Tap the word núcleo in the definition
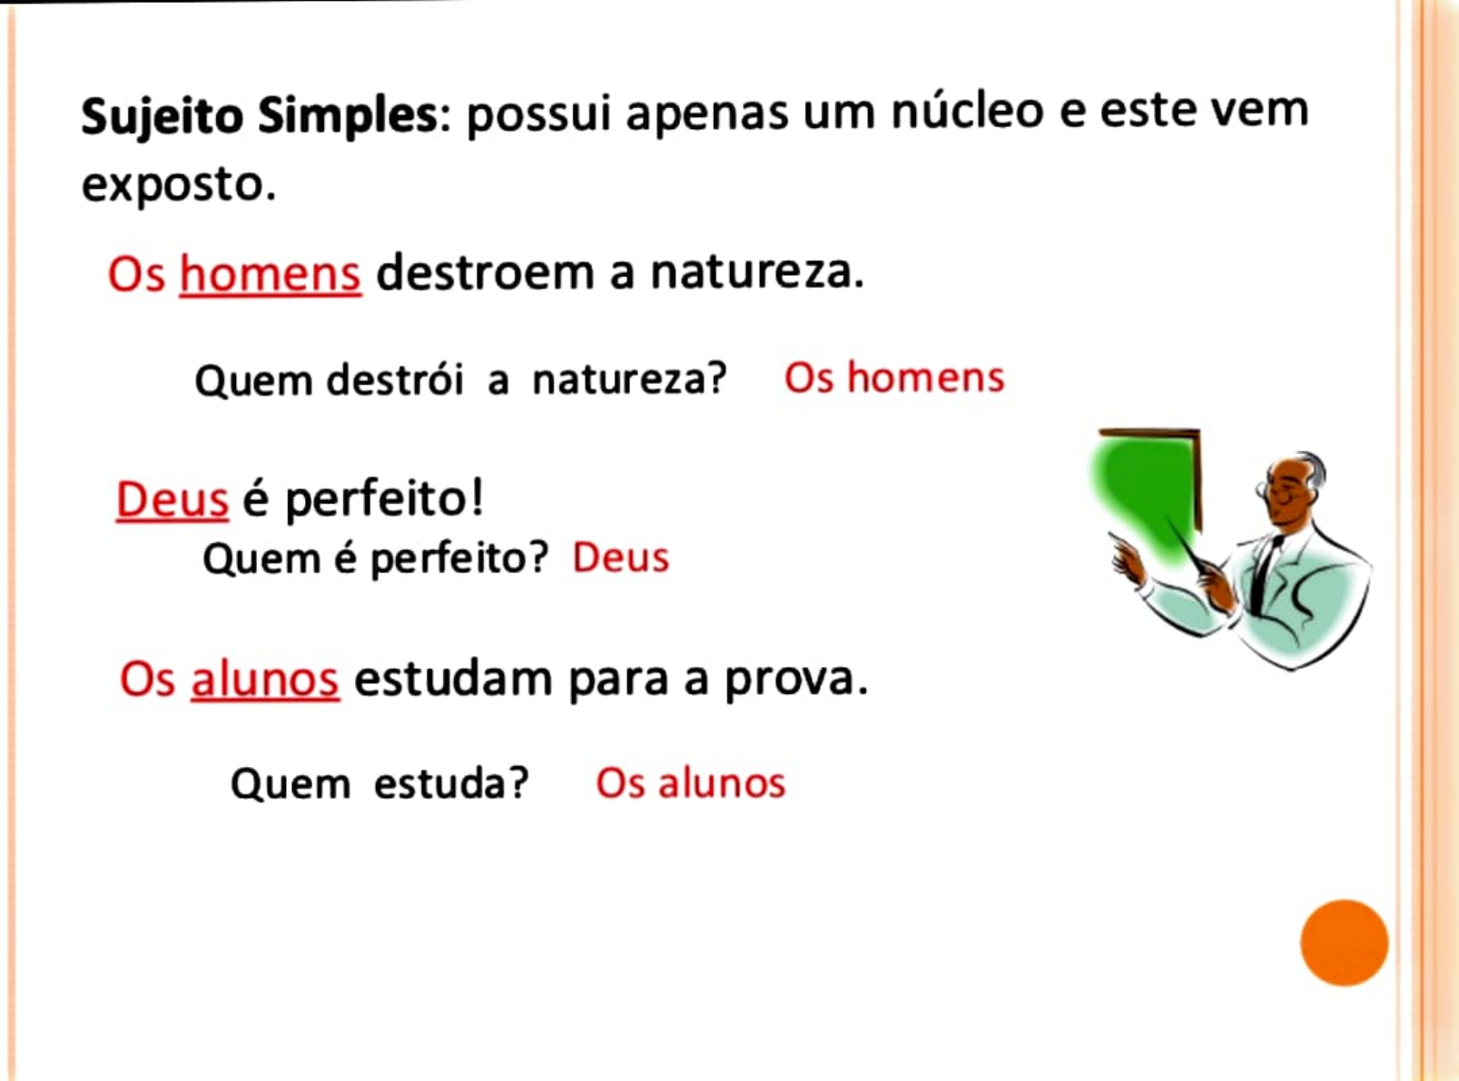(967, 112)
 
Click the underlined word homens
(270, 273)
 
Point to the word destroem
(491, 272)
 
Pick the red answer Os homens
(894, 378)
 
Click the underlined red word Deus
(172, 499)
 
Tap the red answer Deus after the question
(621, 557)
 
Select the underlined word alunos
(264, 679)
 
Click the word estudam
(453, 679)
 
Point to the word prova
(794, 679)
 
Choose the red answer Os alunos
(690, 783)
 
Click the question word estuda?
(451, 783)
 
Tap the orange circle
(1344, 942)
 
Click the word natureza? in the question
(629, 379)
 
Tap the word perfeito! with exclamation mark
(384, 500)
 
